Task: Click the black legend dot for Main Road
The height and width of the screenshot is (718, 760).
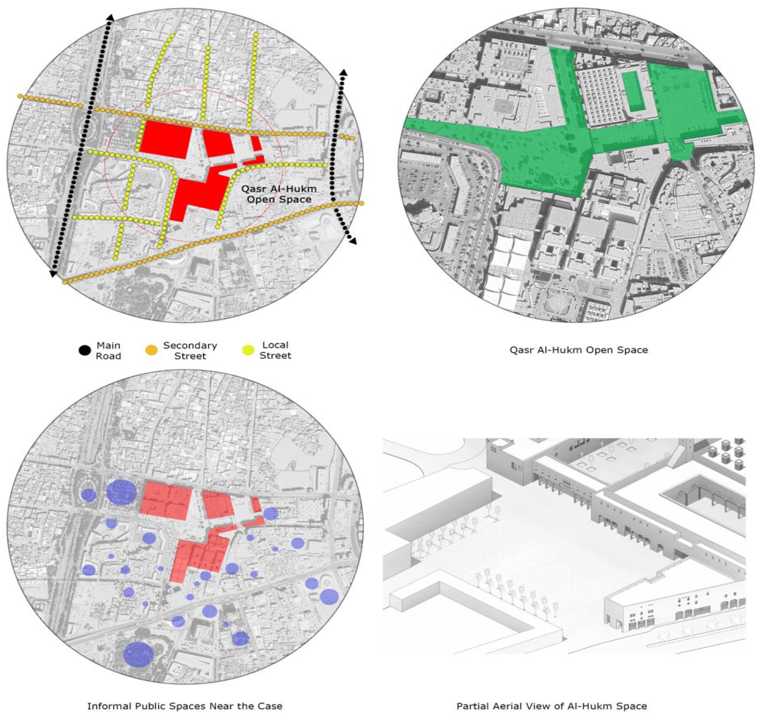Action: tap(85, 351)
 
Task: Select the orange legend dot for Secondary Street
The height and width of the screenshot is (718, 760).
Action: tap(151, 351)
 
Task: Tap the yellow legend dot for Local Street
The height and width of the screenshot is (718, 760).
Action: tap(248, 351)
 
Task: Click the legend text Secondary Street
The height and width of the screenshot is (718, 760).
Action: tap(190, 351)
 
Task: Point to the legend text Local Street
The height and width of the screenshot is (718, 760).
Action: tap(275, 350)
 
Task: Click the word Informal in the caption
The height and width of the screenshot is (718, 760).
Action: tap(109, 706)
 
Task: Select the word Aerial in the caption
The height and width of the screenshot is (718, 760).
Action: tap(509, 706)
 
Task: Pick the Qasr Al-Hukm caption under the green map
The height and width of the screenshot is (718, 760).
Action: tap(578, 350)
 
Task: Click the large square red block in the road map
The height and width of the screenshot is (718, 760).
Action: tap(165, 139)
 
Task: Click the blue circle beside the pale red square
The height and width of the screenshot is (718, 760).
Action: tap(121, 492)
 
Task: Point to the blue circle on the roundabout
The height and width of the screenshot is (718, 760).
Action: tap(89, 495)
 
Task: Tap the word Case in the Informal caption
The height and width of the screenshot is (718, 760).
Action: tap(270, 706)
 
